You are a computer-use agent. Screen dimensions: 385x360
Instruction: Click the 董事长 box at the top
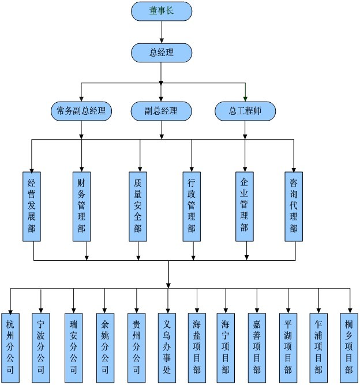(162, 11)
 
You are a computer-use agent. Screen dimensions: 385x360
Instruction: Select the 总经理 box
(162, 53)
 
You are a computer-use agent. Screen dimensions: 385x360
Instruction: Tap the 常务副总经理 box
(81, 111)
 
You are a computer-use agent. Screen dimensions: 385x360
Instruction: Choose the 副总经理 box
(162, 111)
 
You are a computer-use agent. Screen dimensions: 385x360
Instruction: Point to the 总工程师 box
(245, 111)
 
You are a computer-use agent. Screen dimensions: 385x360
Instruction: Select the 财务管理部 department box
(82, 206)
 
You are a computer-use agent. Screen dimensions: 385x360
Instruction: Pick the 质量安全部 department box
(138, 206)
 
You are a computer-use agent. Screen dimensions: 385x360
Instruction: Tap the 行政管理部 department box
(192, 206)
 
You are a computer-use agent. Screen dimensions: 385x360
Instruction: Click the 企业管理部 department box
(245, 206)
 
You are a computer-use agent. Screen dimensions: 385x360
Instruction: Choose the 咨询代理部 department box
(294, 206)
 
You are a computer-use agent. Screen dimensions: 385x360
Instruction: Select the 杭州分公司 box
(10, 348)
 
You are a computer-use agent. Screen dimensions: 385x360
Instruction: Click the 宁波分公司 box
(40, 348)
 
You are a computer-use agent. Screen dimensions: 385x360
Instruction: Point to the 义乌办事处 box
(167, 348)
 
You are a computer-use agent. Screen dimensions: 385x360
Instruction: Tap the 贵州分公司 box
(136, 348)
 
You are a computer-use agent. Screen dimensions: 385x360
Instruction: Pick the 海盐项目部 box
(197, 348)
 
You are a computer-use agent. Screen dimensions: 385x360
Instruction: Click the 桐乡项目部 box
(349, 348)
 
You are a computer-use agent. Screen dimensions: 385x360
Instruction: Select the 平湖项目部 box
(287, 348)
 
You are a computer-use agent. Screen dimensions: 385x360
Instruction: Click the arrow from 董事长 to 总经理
(162, 32)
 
